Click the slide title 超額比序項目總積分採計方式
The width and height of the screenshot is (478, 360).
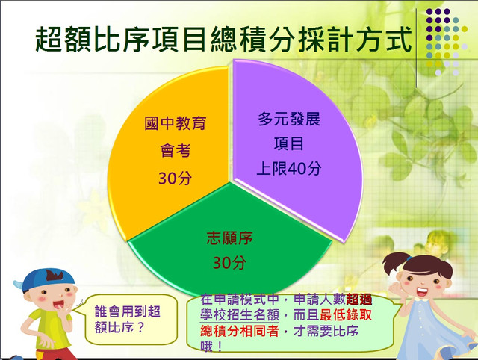pyautogui.click(x=223, y=40)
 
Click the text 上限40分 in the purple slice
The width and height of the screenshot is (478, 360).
pyautogui.click(x=289, y=168)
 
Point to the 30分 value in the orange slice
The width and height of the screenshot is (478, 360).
pyautogui.click(x=175, y=178)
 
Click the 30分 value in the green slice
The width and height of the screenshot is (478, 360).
pyautogui.click(x=229, y=263)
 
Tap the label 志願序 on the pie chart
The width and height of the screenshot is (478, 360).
pyautogui.click(x=229, y=238)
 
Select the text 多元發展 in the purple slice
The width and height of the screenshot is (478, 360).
pyautogui.click(x=289, y=119)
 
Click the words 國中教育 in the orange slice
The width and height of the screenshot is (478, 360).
pyautogui.click(x=175, y=123)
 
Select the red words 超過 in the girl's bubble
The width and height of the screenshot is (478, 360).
pyautogui.click(x=358, y=300)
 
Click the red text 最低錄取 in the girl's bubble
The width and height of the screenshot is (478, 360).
pyautogui.click(x=346, y=315)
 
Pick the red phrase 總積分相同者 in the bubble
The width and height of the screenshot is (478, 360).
pyautogui.click(x=240, y=331)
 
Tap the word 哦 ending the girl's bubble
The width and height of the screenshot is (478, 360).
pyautogui.click(x=206, y=346)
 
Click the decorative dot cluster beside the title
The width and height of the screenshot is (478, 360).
pyautogui.click(x=447, y=42)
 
